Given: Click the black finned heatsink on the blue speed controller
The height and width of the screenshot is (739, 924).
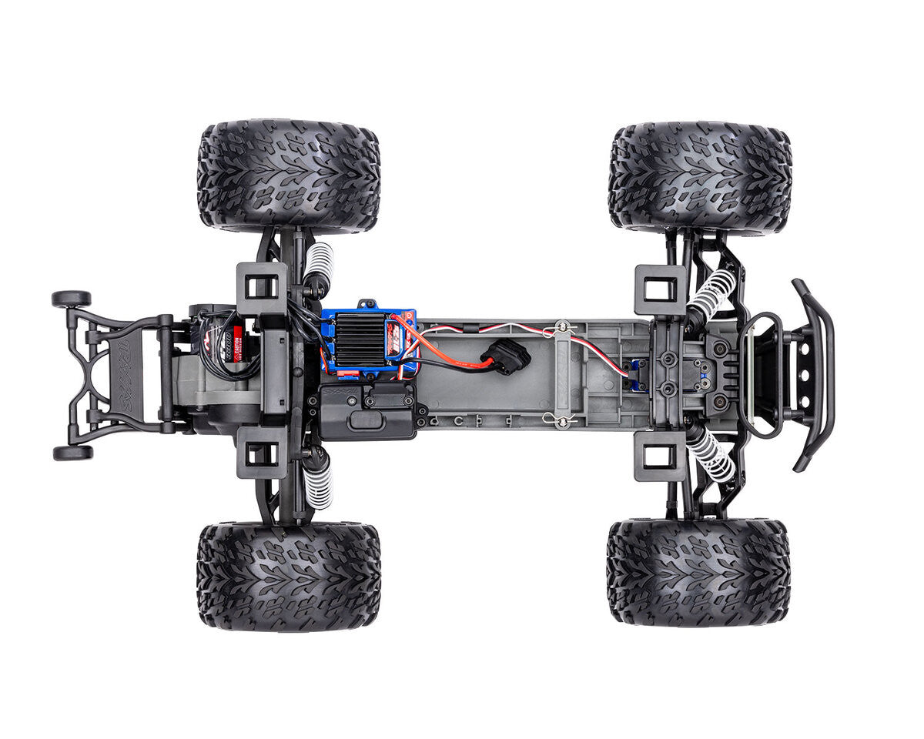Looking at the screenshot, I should (x=360, y=339).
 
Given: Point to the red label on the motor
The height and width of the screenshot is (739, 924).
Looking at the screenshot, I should (x=236, y=336).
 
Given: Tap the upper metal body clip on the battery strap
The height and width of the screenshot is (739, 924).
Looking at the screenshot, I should (x=562, y=328).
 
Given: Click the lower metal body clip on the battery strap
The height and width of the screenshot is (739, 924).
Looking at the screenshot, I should (x=562, y=420).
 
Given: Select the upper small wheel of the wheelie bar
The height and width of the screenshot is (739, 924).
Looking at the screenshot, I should (x=71, y=299).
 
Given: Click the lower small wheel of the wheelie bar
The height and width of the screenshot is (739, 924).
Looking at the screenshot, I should (x=72, y=453).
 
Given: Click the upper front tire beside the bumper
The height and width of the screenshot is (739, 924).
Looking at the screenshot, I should (x=699, y=177).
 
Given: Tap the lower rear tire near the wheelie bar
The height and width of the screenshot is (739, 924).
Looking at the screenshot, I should (x=289, y=576).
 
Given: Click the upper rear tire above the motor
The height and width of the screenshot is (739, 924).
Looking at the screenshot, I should (x=289, y=176).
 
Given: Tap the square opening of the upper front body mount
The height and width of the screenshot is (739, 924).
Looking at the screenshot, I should (x=660, y=290).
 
